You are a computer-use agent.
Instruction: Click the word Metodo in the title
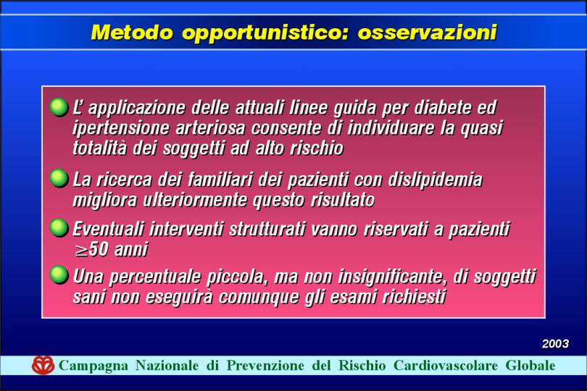[132, 32]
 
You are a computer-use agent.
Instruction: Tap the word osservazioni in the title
[427, 32]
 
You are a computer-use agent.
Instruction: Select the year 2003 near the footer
[556, 343]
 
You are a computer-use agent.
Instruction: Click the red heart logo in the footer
[43, 365]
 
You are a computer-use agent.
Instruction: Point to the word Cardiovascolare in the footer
[446, 365]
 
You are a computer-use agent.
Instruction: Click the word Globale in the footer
[530, 365]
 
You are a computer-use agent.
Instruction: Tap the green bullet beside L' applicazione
[59, 107]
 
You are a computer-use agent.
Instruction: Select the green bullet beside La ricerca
[59, 178]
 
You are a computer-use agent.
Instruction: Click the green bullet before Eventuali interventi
[59, 228]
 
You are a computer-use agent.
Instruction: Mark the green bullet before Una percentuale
[59, 275]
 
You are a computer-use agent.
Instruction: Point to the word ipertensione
[122, 128]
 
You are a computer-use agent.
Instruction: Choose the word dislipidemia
[435, 180]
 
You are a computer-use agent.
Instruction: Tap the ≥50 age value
[91, 250]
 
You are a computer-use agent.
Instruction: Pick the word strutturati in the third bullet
[267, 230]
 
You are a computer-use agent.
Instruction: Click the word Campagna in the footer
[93, 366]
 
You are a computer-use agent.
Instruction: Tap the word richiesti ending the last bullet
[414, 298]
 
